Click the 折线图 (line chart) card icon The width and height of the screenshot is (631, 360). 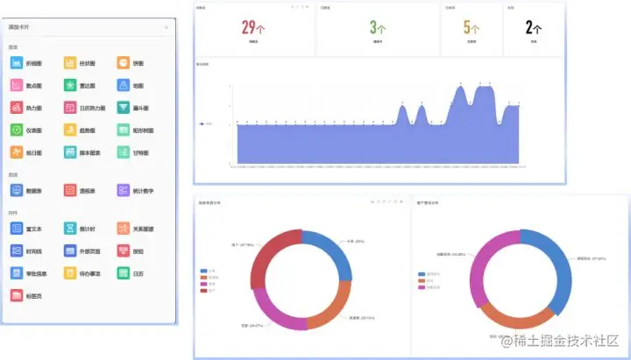[x=17, y=63]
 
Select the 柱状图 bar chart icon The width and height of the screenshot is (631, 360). [x=70, y=63]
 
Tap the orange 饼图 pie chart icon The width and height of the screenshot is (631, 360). [x=124, y=63]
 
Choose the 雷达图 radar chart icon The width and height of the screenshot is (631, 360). [x=70, y=86]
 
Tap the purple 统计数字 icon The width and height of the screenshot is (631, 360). [x=124, y=190]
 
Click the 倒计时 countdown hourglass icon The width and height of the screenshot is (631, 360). [x=70, y=228]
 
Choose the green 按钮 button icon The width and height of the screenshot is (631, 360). [x=124, y=251]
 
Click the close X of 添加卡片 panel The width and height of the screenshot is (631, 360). [x=167, y=28]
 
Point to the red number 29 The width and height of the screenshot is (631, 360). [x=249, y=27]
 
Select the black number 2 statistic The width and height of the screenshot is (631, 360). [x=529, y=27]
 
